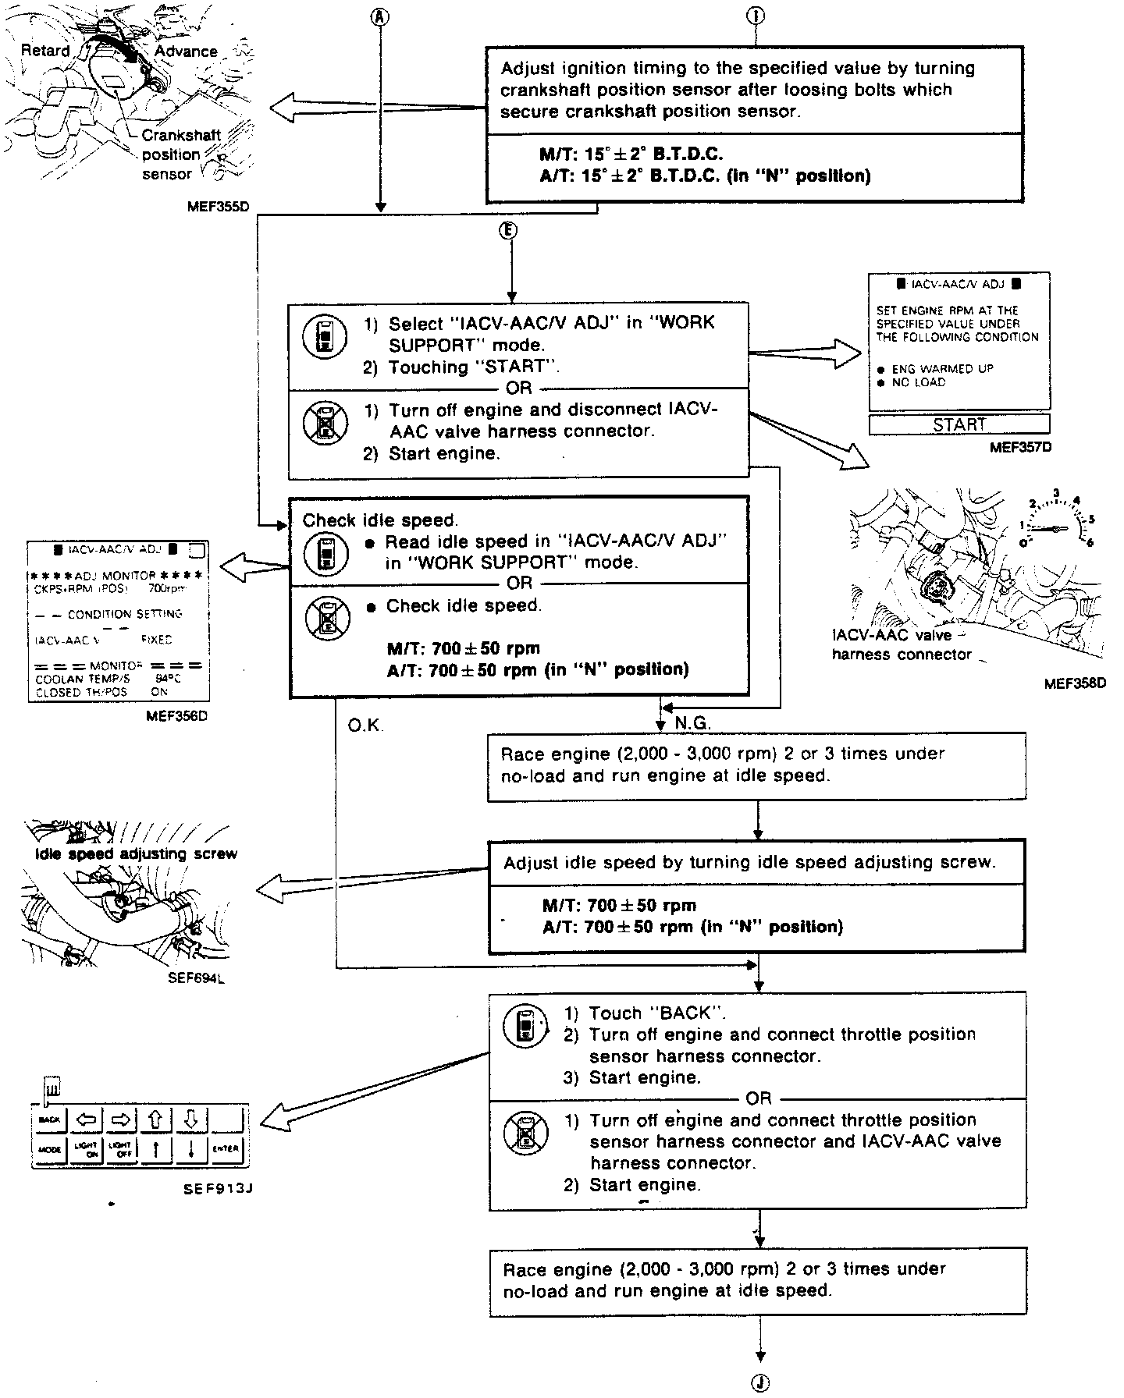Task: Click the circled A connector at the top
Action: point(380,16)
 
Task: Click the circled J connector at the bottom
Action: point(759,1383)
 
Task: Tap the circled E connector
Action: point(510,230)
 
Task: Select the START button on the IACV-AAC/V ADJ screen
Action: point(959,424)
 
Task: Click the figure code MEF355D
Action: point(223,208)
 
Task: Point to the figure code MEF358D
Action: point(1075,684)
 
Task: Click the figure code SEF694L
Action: point(196,977)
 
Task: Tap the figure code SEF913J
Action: point(219,1188)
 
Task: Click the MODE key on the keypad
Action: point(50,1149)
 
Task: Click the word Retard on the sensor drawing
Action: point(45,51)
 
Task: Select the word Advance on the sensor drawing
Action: point(186,51)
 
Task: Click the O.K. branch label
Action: point(365,726)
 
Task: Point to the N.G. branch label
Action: point(693,723)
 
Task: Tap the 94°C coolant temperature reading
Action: point(168,679)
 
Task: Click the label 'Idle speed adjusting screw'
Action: point(136,853)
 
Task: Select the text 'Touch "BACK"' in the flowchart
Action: point(657,1013)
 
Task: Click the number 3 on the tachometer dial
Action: point(1056,493)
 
